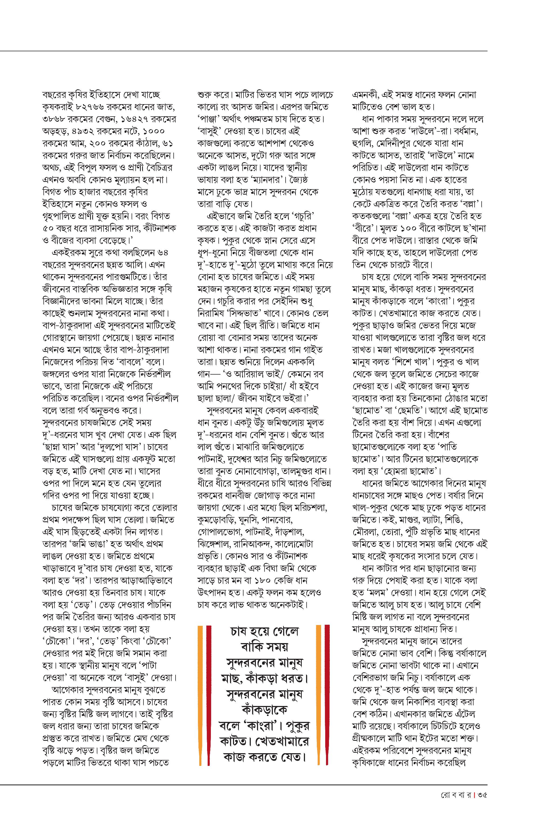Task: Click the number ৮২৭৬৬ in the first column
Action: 87,107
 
